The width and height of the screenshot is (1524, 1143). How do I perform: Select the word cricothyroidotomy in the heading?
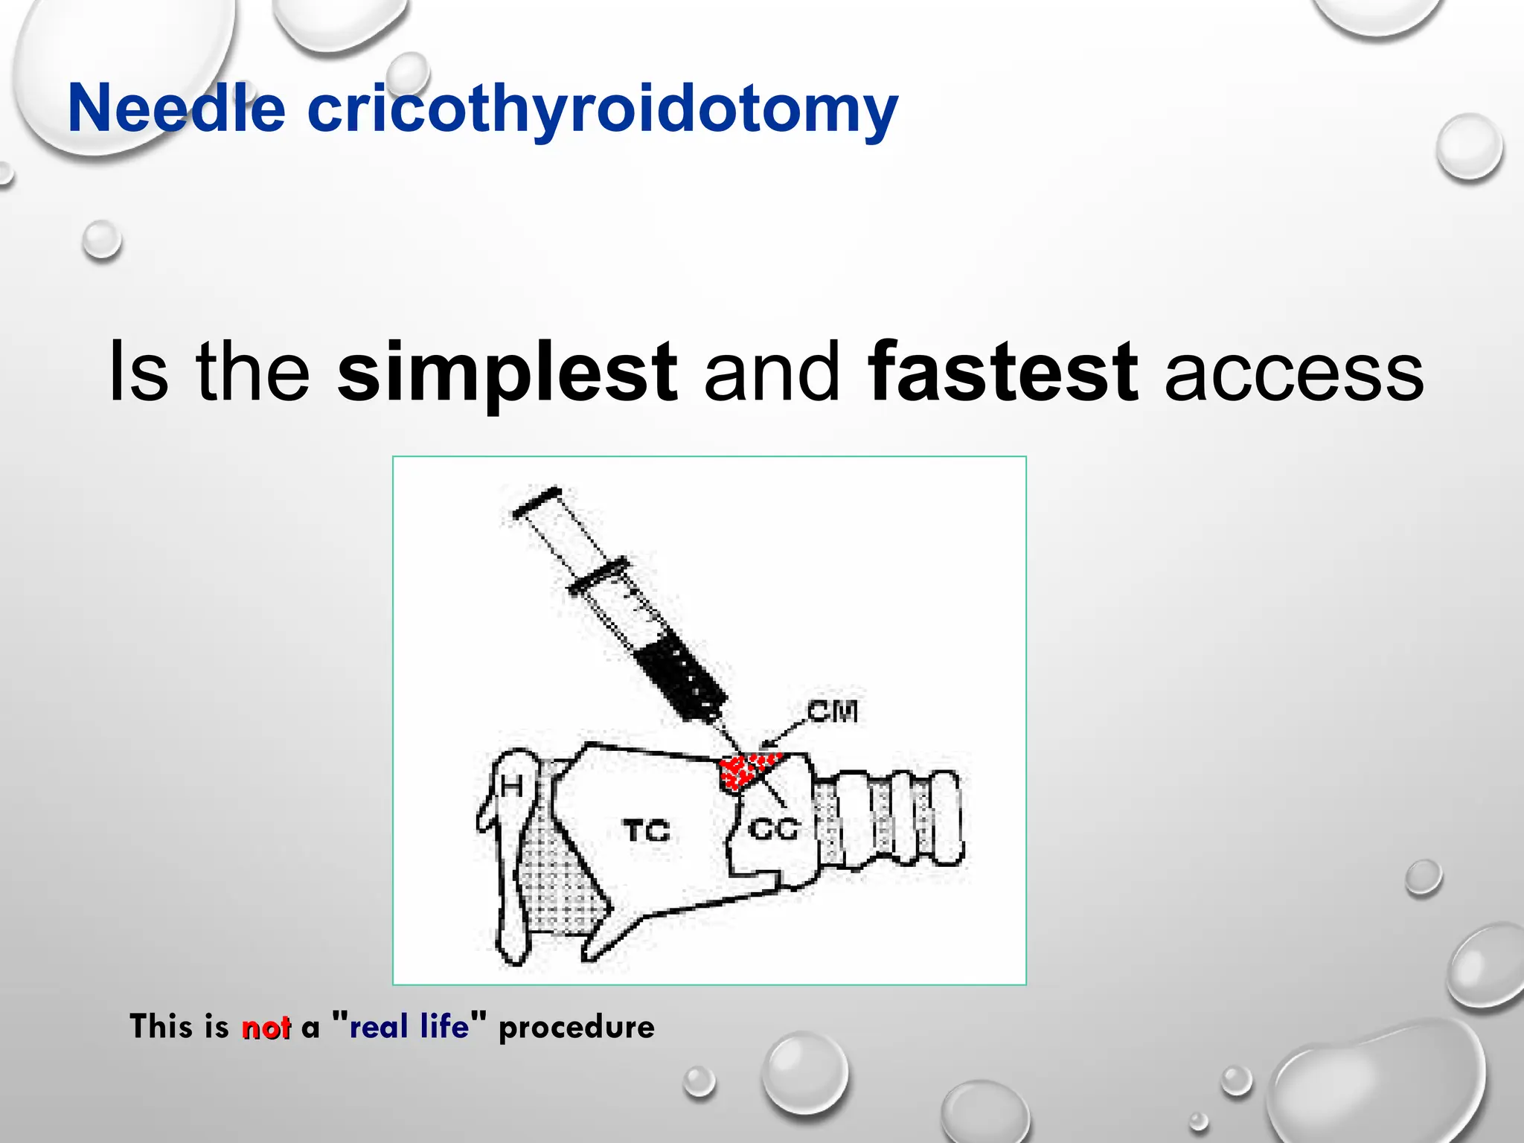tap(602, 110)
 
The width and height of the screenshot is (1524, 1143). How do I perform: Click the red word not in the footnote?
tap(266, 1028)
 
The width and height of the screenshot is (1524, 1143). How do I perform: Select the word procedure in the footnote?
tap(577, 1028)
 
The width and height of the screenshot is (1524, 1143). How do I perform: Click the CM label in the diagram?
tap(833, 712)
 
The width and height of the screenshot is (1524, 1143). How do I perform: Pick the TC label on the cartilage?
tap(646, 830)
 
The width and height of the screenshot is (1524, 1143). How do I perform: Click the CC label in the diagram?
tap(774, 828)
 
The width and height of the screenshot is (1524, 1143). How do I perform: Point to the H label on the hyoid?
tap(511, 785)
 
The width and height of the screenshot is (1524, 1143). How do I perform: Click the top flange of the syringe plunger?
tap(537, 502)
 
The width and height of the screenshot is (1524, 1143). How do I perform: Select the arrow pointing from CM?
tap(782, 733)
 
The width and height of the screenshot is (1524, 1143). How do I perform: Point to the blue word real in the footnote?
tap(379, 1027)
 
